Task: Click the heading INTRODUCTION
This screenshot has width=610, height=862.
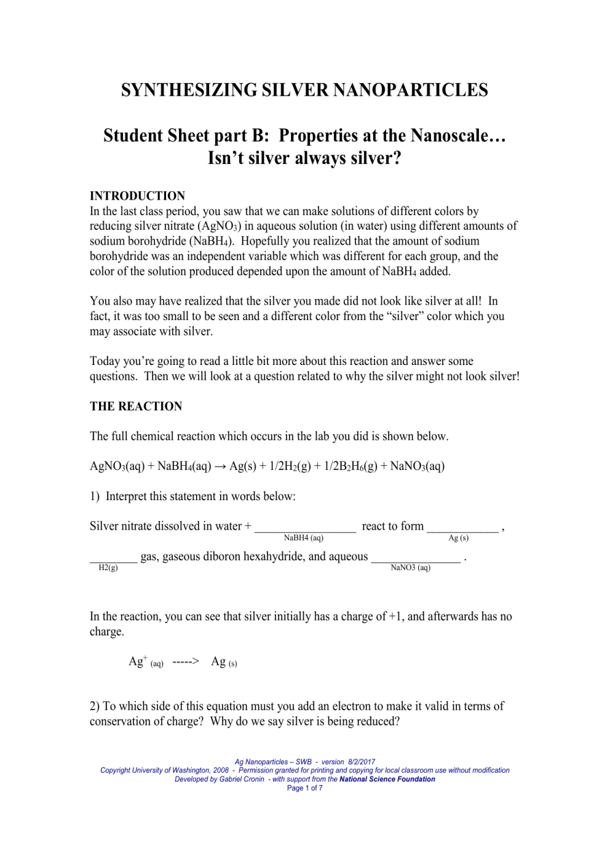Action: click(137, 196)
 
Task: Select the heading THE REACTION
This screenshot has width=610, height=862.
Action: click(136, 406)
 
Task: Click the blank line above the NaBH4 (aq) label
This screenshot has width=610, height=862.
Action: click(305, 529)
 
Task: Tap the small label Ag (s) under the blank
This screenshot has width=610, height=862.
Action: click(458, 538)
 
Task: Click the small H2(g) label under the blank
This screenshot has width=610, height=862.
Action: click(108, 568)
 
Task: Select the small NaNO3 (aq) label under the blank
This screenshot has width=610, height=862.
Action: click(410, 568)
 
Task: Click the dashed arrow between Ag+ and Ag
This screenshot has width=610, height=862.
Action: click(186, 662)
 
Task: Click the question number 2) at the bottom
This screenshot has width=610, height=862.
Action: click(95, 707)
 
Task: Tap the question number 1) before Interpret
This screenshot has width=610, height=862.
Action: click(95, 496)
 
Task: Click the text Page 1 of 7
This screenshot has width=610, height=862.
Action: click(304, 788)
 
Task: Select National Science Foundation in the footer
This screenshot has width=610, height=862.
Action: click(387, 779)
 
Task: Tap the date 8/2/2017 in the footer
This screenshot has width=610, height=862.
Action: click(361, 762)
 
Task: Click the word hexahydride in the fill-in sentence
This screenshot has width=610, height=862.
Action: click(274, 557)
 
